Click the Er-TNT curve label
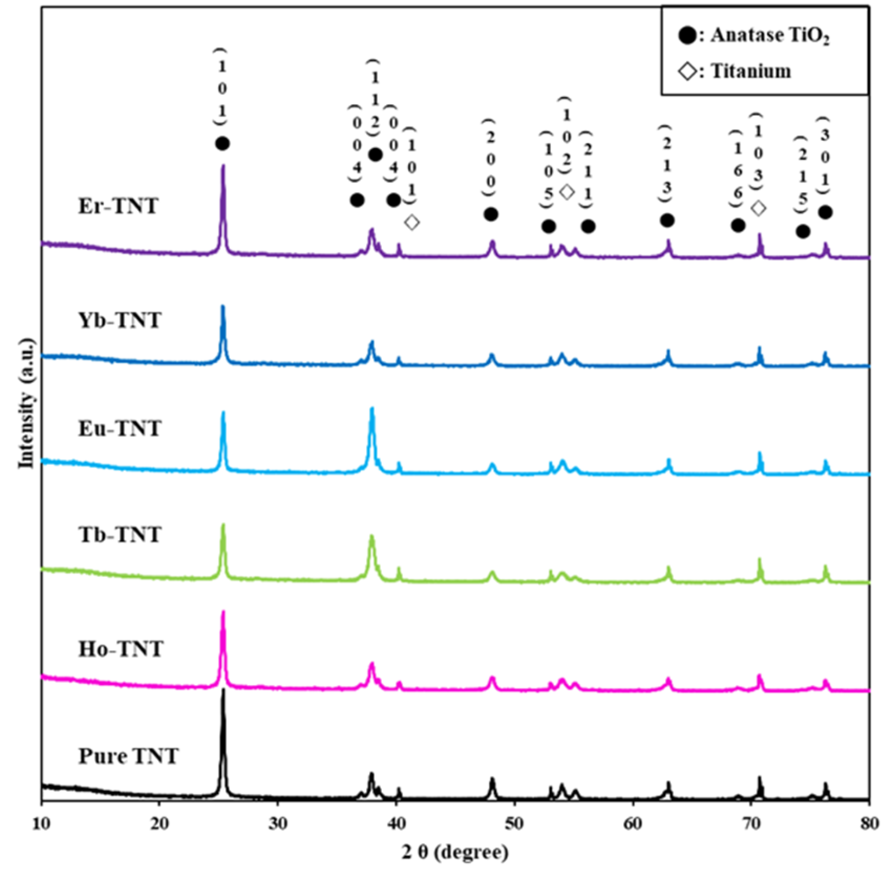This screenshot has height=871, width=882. [118, 207]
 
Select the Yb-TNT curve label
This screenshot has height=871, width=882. [119, 320]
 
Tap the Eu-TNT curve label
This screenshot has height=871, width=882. [119, 428]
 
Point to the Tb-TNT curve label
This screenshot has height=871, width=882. [119, 535]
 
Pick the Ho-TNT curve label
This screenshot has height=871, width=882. [120, 649]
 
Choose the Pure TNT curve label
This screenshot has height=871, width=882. [128, 756]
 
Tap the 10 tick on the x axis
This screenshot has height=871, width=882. [41, 823]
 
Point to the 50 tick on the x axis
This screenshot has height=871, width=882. [514, 823]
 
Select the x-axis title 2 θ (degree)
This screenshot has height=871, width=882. [455, 852]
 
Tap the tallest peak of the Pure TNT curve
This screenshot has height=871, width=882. [224, 691]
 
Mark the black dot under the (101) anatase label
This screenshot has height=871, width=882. [222, 144]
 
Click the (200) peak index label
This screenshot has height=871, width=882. [490, 159]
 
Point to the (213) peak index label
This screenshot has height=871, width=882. [667, 165]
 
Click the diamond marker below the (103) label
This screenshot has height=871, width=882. [758, 208]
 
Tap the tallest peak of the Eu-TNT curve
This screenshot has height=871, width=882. [372, 409]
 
